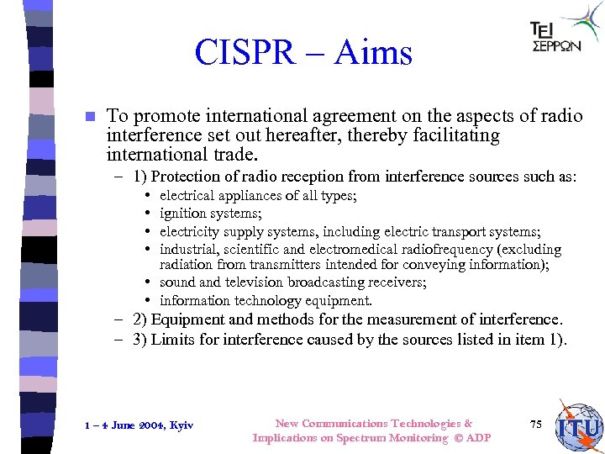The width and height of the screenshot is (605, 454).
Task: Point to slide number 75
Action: (x=536, y=425)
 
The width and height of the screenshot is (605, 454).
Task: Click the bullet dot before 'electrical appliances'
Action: (x=147, y=196)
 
